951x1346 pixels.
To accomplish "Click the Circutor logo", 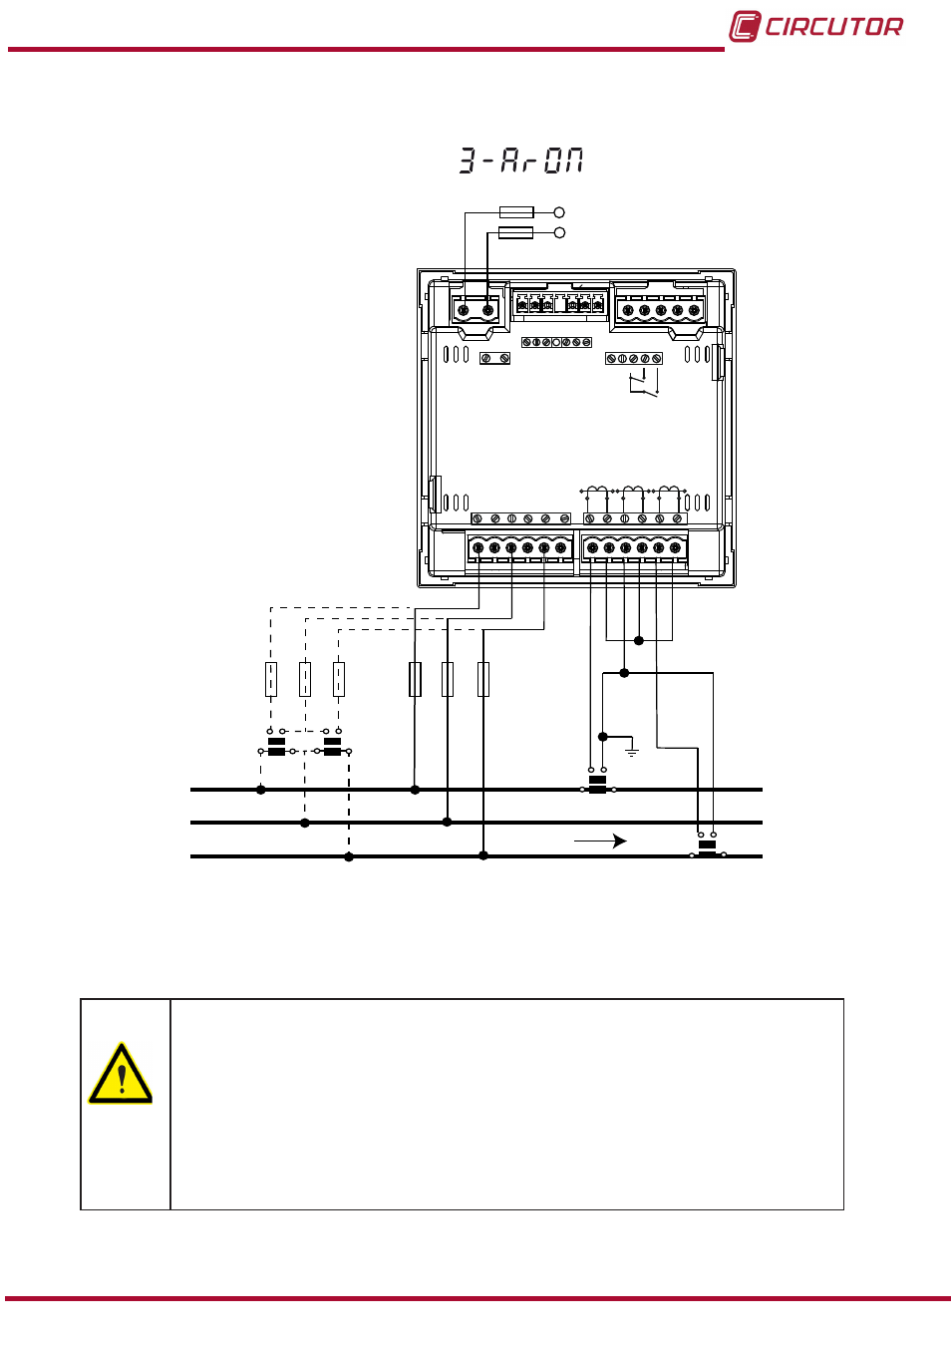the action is [815, 27].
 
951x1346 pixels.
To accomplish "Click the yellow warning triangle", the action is [121, 1073].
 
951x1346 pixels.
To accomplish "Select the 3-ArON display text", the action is [521, 161].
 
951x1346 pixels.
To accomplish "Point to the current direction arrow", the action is [600, 841].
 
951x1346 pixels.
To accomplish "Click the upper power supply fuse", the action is [516, 212].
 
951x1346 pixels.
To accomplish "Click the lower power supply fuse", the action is [516, 232].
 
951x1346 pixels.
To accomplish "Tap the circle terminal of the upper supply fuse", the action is [559, 212].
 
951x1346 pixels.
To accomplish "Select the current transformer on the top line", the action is [598, 784].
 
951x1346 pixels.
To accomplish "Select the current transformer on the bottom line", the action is [707, 847].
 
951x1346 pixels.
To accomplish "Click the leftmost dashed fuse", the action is [271, 680].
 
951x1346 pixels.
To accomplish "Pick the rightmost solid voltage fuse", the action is [483, 680].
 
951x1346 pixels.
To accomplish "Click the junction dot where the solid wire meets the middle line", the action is [447, 822].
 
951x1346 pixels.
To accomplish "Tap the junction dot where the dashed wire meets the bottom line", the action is [349, 856].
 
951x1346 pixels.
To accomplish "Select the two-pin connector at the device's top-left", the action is [475, 310].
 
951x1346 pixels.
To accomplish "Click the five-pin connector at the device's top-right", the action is [660, 310].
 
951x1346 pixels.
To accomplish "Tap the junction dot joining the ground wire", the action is [603, 737].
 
